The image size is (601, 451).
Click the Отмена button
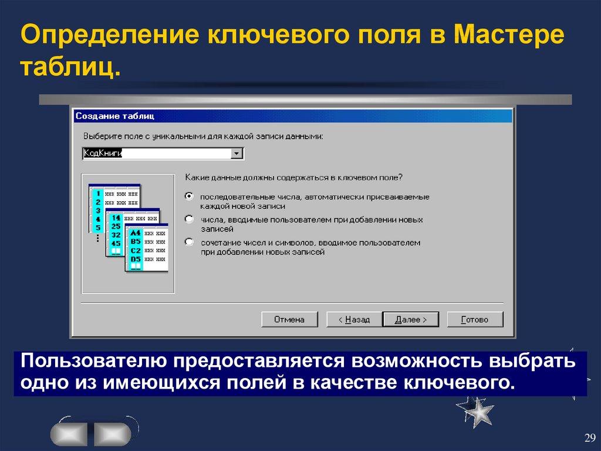[289, 319]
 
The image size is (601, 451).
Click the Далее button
[411, 319]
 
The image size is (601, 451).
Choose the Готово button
[475, 319]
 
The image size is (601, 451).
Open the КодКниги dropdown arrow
[237, 154]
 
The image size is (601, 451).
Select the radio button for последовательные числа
[189, 196]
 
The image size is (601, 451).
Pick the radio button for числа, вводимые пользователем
[189, 219]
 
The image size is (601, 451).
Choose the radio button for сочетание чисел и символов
[189, 242]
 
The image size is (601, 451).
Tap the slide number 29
[589, 437]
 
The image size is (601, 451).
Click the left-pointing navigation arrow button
[69, 435]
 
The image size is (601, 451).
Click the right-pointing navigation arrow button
[112, 435]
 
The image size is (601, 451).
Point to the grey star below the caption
[475, 410]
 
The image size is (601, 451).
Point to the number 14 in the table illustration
[116, 218]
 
